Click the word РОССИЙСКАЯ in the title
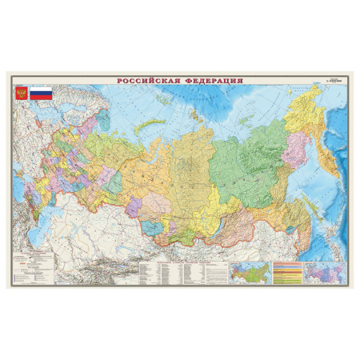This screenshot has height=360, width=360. point(149,80)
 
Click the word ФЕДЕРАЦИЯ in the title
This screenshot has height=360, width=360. point(212,80)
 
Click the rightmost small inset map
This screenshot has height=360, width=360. point(327,272)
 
